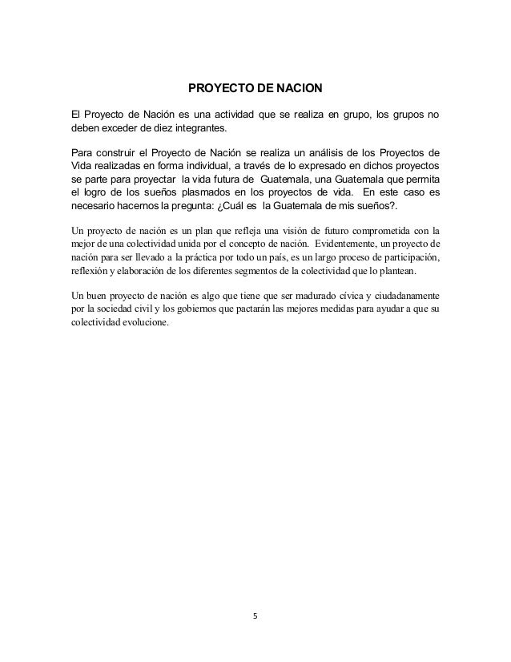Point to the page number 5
point(255,616)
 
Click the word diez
point(164,131)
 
